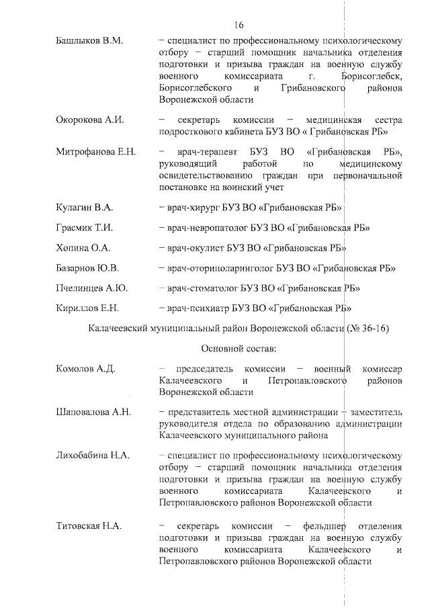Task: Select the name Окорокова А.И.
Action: [90, 119]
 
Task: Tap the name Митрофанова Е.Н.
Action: [95, 151]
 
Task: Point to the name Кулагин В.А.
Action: [85, 206]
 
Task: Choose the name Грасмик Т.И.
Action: [85, 227]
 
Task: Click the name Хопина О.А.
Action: [82, 247]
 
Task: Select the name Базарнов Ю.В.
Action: [87, 268]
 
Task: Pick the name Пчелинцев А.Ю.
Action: [91, 288]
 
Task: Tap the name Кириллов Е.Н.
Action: [87, 308]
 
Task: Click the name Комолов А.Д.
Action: [86, 369]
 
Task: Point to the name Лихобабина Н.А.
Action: [94, 455]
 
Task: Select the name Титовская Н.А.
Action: [89, 525]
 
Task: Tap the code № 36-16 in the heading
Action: [368, 329]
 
